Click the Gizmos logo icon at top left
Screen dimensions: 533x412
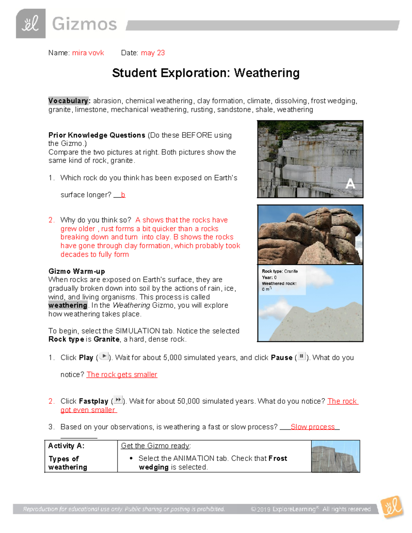pyautogui.click(x=31, y=24)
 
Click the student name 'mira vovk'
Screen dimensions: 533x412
pyautogui.click(x=88, y=53)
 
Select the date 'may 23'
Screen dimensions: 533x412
pyautogui.click(x=153, y=53)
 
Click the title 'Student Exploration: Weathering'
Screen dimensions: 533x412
pyautogui.click(x=206, y=73)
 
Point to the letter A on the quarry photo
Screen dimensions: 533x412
pyautogui.click(x=350, y=184)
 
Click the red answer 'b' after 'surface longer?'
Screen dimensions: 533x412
pyautogui.click(x=123, y=195)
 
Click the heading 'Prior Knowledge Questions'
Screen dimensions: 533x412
pyautogui.click(x=97, y=135)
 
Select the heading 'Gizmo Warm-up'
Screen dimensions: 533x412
pyautogui.click(x=77, y=271)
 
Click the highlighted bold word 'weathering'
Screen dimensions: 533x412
pyautogui.click(x=68, y=305)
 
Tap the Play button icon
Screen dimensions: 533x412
pyautogui.click(x=104, y=357)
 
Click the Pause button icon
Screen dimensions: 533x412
pyautogui.click(x=301, y=357)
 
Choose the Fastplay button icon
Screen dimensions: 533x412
pyautogui.click(x=118, y=400)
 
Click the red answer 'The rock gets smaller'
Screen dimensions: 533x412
pyautogui.click(x=122, y=375)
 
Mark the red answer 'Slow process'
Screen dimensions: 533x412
pyautogui.click(x=312, y=427)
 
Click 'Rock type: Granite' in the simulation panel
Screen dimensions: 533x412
pyautogui.click(x=279, y=271)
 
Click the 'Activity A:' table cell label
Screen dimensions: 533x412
pyautogui.click(x=66, y=446)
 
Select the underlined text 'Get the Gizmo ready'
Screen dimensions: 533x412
pyautogui.click(x=155, y=446)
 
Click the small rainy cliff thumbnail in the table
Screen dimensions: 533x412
pyautogui.click(x=335, y=456)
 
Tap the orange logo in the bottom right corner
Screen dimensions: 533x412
pyautogui.click(x=392, y=507)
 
